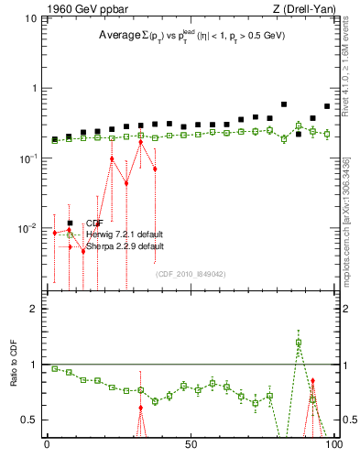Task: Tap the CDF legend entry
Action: [93, 223]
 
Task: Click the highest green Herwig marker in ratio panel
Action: [299, 343]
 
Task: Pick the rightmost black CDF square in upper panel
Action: [327, 106]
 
